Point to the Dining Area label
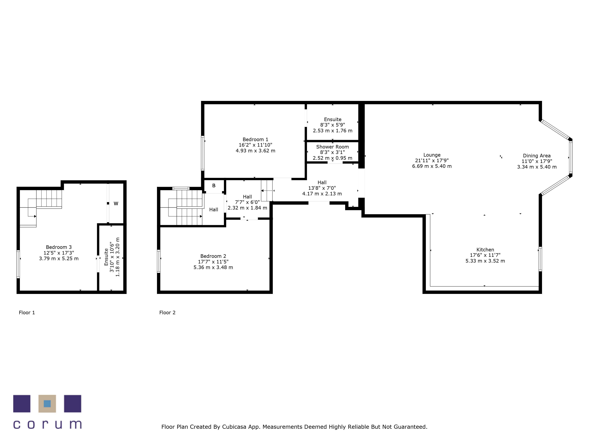tap(537, 156)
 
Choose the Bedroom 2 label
tap(213, 256)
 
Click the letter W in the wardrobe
tap(116, 204)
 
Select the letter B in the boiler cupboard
tap(214, 186)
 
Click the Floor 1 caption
tap(27, 312)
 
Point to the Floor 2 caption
tap(167, 312)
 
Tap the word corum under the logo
tap(47, 424)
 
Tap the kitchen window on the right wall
tap(540, 259)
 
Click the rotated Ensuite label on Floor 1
tap(106, 257)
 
